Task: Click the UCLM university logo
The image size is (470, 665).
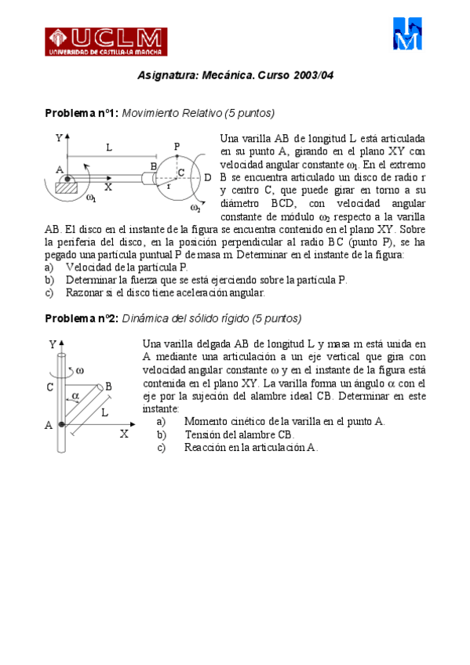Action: pos(105,41)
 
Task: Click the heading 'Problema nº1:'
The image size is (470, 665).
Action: pos(82,114)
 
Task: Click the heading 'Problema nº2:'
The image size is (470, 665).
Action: pos(82,318)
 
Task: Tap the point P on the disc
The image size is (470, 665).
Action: pos(177,147)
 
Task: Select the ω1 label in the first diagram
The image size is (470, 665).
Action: pos(91,198)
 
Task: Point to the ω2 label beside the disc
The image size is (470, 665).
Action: pos(195,208)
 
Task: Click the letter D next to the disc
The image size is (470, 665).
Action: pos(207,178)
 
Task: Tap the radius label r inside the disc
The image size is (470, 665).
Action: pos(167,187)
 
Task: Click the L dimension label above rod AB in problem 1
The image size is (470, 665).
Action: pos(109,147)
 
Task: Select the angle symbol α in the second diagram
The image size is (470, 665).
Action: pos(76,397)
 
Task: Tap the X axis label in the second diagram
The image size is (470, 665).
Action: pos(123,434)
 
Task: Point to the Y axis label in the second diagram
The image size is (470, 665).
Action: pos(52,344)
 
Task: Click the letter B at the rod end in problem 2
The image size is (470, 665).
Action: pos(108,386)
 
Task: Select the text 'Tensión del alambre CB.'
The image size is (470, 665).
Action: pos(239,434)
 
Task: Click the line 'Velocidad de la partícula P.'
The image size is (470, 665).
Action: pos(126,267)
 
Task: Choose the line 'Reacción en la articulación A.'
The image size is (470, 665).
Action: pos(250,448)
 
